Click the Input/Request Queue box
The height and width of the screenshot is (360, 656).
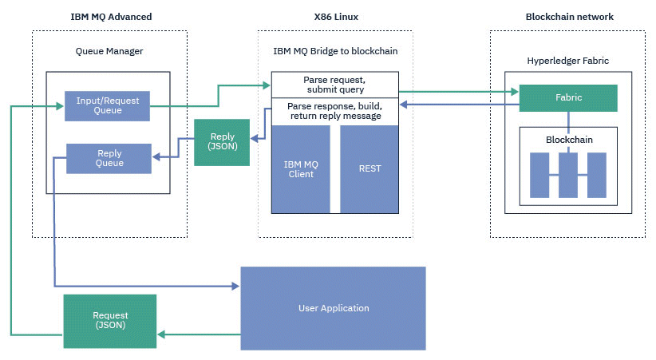[107, 106]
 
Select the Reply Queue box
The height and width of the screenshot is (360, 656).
[109, 158]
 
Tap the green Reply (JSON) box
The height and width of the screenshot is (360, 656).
[222, 142]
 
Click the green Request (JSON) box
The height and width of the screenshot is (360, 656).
[110, 321]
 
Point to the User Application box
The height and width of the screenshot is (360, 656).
[333, 308]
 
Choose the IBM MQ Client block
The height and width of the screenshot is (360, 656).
[301, 169]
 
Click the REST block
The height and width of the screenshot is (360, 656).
[369, 169]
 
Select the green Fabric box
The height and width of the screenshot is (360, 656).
[568, 98]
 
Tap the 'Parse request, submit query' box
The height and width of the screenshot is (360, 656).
[334, 85]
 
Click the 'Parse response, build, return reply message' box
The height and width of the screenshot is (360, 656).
[334, 111]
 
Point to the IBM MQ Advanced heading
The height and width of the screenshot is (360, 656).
[111, 17]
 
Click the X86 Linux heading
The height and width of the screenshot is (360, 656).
[336, 17]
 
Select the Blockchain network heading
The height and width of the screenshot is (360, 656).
[569, 17]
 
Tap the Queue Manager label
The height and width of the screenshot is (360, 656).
[109, 51]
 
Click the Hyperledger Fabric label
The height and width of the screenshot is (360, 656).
[567, 61]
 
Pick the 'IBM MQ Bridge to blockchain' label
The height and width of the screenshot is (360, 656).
[335, 51]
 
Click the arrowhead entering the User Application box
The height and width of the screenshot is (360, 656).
[235, 287]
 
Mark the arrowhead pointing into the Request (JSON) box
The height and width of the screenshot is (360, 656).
[161, 334]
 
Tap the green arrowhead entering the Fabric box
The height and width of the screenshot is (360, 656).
[515, 92]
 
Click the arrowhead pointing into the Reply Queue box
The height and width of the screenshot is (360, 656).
[156, 157]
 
